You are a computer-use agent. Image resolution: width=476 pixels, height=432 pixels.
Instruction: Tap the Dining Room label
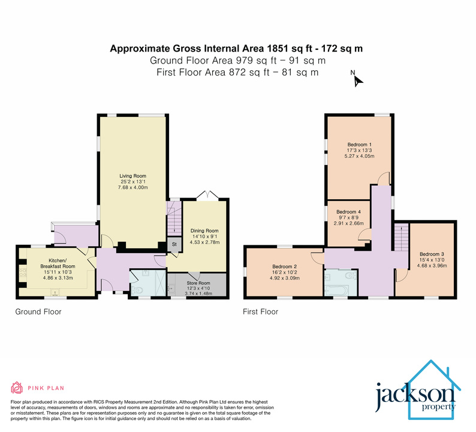pos(204,230)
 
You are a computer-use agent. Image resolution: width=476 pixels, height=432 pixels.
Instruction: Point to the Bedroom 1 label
pos(360,144)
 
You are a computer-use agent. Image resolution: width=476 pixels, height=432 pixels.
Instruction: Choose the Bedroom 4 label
pos(348,212)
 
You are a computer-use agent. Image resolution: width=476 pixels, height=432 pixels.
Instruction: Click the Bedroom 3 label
pos(424,254)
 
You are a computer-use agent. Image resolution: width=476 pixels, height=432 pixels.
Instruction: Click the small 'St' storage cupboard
pos(174,245)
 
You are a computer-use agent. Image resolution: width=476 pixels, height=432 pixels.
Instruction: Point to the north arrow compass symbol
pos(357,80)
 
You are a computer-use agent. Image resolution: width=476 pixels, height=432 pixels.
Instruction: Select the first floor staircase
pos(400,236)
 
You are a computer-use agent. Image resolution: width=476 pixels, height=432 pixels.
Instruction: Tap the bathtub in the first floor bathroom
pos(339,292)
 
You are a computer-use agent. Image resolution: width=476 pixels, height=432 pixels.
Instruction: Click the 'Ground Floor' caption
pos(38,311)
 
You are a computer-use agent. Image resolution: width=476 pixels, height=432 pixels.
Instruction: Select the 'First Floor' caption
pos(260,311)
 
